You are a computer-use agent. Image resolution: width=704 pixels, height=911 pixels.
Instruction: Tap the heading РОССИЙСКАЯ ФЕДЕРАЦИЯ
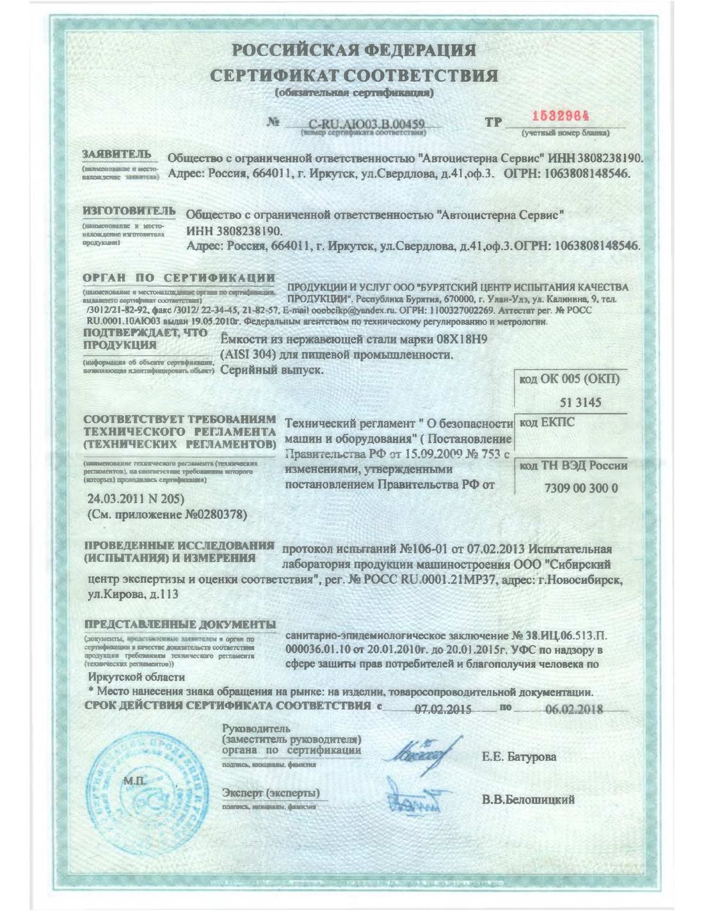353,49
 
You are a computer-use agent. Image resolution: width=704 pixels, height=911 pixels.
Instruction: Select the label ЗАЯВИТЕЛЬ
116,155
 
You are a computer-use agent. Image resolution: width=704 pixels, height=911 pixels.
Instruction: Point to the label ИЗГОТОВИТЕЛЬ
129,211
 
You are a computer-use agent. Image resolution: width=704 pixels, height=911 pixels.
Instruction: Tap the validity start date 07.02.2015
443,709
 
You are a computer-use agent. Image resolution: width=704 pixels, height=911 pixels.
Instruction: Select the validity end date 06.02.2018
573,709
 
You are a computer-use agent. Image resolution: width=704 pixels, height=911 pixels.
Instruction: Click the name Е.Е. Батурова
518,757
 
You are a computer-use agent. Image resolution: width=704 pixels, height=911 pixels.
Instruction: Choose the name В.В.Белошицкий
528,799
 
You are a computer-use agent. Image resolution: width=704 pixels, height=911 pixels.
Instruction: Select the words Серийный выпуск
271,369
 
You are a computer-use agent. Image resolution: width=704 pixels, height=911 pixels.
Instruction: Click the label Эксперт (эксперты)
270,793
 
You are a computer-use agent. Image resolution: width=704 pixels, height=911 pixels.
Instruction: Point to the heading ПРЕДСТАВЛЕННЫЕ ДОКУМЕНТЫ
180,624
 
